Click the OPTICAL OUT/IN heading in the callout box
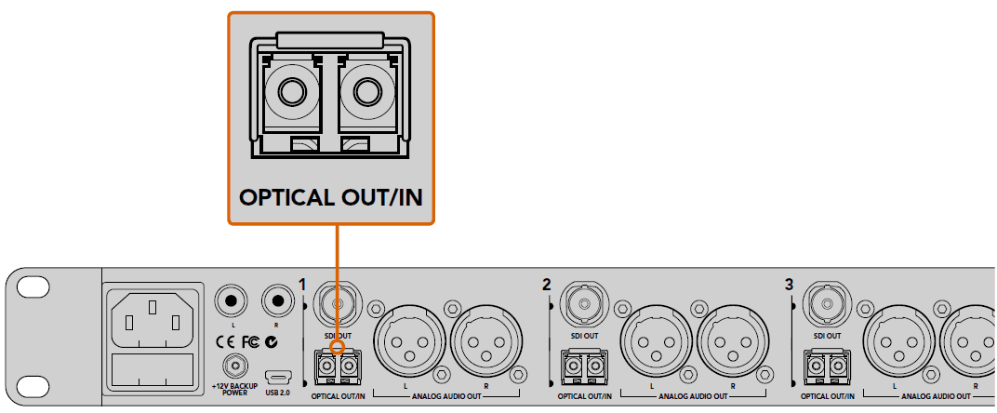(330, 198)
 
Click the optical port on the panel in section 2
(581, 366)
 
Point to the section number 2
(547, 284)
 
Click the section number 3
(790, 284)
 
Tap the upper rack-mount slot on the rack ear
(32, 288)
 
